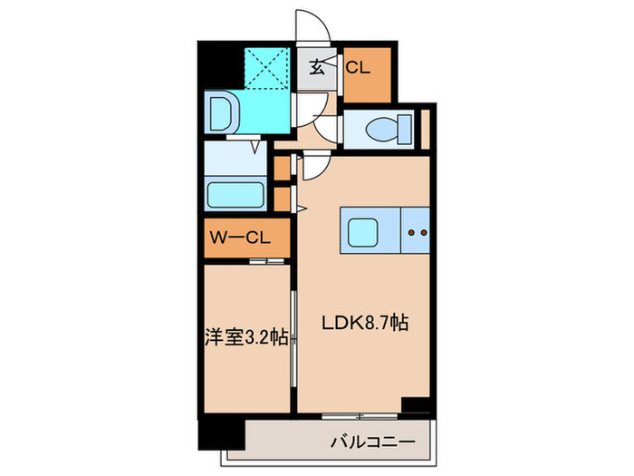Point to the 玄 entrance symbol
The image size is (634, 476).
point(319,67)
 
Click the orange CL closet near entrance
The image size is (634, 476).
point(366,72)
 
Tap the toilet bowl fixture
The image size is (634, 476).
point(380,130)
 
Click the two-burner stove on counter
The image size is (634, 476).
point(418,232)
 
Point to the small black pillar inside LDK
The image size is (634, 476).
point(415,405)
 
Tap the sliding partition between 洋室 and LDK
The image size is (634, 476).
point(293,337)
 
